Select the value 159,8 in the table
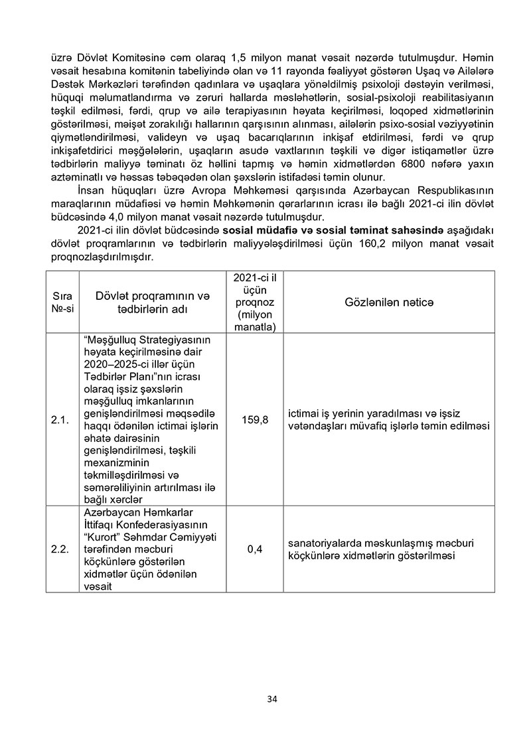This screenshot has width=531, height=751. coord(250,419)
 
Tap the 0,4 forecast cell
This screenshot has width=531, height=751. coord(250,549)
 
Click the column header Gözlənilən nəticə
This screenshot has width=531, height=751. coord(389,302)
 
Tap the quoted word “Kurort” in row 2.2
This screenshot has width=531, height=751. coord(100,537)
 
